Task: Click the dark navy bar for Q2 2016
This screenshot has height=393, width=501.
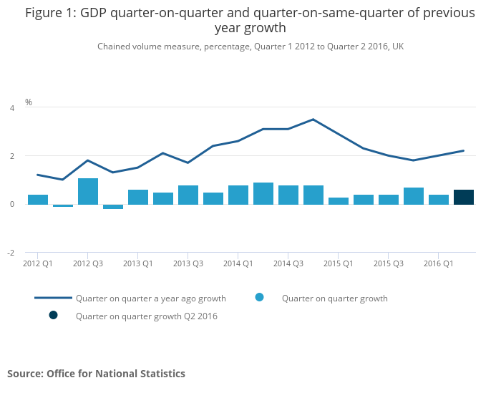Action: tap(464, 197)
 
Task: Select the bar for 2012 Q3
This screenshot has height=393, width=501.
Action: tap(88, 191)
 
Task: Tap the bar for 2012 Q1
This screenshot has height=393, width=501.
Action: tap(38, 199)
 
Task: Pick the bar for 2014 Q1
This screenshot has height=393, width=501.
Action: tap(238, 195)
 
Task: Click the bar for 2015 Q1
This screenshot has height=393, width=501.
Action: tap(339, 200)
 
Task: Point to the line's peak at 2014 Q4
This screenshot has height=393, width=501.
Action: tap(313, 120)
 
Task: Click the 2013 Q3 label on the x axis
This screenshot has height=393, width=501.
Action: tap(188, 263)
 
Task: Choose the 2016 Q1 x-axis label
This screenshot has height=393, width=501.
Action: tap(438, 263)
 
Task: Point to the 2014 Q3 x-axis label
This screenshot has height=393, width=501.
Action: tap(288, 263)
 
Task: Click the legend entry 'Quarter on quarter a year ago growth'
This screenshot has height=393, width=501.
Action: tap(150, 299)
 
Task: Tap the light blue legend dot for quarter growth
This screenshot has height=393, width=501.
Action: tap(259, 298)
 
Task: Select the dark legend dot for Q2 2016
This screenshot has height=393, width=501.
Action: tap(53, 316)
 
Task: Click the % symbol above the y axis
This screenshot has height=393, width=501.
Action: tap(29, 102)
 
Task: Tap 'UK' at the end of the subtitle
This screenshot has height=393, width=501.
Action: tap(398, 47)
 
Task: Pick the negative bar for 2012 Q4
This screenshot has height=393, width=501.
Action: tap(113, 206)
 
